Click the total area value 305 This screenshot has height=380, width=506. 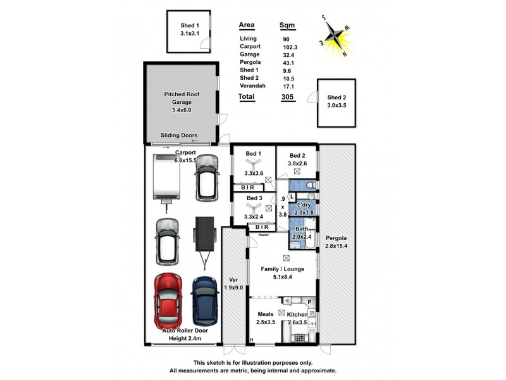coord(287,97)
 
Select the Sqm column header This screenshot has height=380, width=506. coord(288,26)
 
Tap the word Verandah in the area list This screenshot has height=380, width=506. coord(253,85)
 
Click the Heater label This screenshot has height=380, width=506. coord(264,234)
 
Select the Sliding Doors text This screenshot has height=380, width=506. coord(179,136)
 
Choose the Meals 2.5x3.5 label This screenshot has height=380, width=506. coord(265,318)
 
